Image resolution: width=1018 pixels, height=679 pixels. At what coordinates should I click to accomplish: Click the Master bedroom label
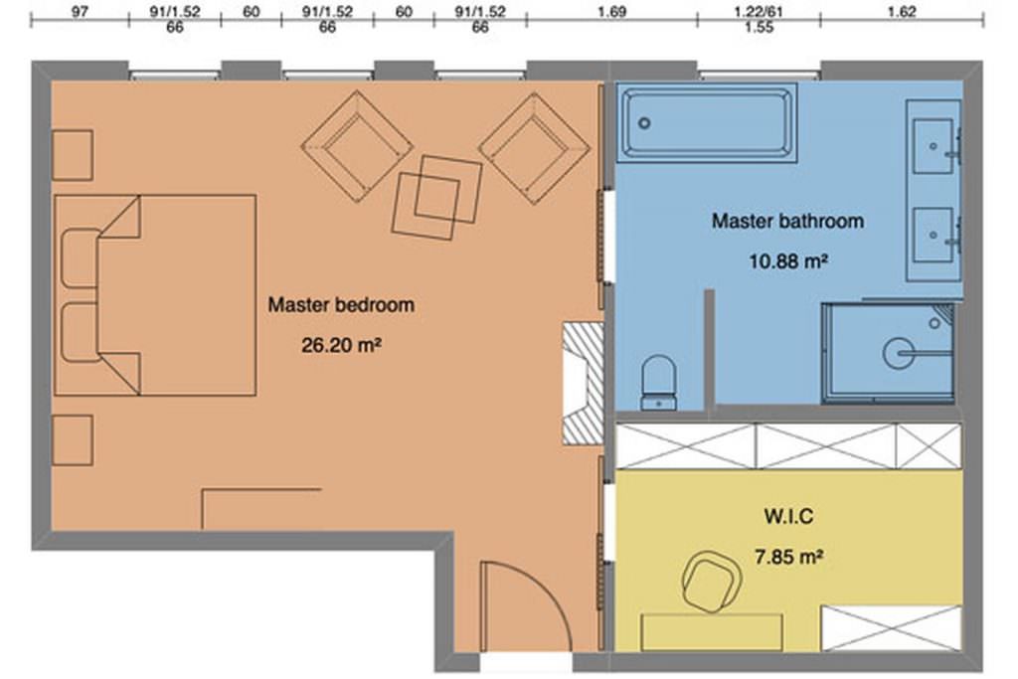[341, 304]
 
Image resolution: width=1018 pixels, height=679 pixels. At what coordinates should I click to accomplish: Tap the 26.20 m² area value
[341, 345]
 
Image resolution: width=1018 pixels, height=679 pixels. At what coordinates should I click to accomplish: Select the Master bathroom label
[787, 221]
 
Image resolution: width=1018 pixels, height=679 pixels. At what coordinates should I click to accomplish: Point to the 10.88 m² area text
[788, 260]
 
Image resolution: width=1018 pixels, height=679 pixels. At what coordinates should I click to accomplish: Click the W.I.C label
[788, 516]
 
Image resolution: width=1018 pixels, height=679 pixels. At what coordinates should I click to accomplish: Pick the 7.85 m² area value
[788, 557]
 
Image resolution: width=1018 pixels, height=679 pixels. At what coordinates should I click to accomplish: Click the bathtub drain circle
[644, 122]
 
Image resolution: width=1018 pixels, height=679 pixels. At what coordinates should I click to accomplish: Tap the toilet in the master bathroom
[659, 383]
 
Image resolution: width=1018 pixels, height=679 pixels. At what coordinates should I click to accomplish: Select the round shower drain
[899, 354]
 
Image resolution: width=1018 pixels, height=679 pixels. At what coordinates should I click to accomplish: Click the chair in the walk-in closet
[712, 582]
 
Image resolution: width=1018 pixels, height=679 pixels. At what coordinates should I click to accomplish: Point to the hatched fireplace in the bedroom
[583, 385]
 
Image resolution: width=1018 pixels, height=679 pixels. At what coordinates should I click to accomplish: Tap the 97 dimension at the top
[80, 12]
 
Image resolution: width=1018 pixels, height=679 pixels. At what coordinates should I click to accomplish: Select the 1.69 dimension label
[611, 12]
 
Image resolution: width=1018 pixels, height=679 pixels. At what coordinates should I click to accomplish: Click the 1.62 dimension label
[901, 12]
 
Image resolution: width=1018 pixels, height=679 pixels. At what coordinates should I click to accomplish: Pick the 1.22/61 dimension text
[759, 12]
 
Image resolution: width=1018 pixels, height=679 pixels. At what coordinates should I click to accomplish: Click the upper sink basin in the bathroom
[933, 146]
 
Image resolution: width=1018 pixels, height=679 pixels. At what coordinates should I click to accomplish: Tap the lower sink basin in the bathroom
[933, 235]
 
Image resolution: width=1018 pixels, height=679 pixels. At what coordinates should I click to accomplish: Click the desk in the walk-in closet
[712, 632]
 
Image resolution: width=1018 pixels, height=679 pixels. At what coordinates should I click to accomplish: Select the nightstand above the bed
[72, 155]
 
